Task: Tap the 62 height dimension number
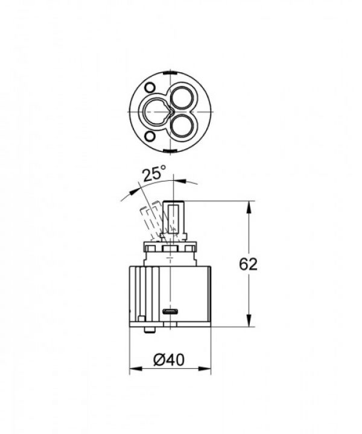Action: pyautogui.click(x=249, y=264)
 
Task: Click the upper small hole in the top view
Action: pyautogui.click(x=150, y=87)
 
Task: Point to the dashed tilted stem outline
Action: pyautogui.click(x=148, y=223)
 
